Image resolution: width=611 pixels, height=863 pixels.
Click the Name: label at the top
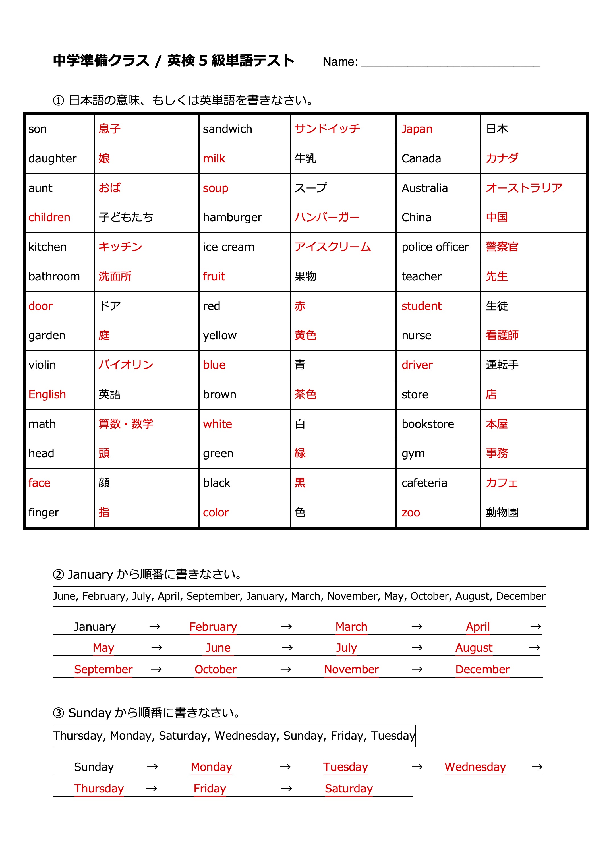[340, 62]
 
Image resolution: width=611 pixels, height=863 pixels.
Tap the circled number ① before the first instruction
[58, 100]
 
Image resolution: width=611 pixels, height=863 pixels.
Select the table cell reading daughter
[52, 158]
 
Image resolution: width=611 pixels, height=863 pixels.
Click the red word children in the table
[49, 218]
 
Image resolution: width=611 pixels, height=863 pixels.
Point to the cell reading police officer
[435, 247]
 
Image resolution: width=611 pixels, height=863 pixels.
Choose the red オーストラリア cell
[524, 188]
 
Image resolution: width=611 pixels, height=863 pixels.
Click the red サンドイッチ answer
[327, 129]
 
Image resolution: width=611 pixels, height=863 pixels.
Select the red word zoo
[411, 512]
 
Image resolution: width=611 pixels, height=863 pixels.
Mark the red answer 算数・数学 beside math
[126, 424]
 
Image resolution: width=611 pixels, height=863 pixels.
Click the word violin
[42, 365]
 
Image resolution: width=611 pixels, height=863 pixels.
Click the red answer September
[103, 669]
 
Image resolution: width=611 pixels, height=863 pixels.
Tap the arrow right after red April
[535, 627]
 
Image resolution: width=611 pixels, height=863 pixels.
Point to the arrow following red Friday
[286, 789]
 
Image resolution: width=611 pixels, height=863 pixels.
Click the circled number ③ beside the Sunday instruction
[58, 713]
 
